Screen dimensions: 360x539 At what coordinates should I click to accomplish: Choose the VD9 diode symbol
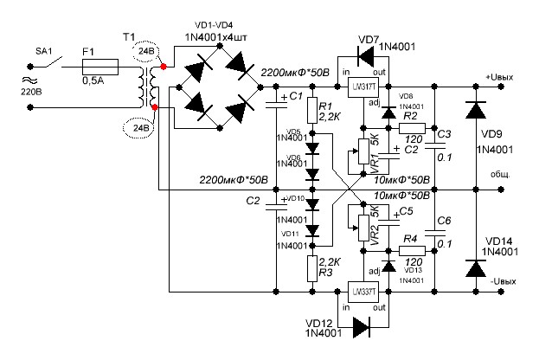tap(474, 112)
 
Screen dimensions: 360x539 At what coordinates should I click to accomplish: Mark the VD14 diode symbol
tap(474, 269)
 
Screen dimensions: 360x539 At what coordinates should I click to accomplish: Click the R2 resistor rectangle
tap(411, 128)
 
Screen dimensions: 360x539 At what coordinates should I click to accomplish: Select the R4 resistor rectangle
tap(411, 249)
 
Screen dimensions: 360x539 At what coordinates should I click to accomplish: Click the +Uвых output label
tap(501, 78)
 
